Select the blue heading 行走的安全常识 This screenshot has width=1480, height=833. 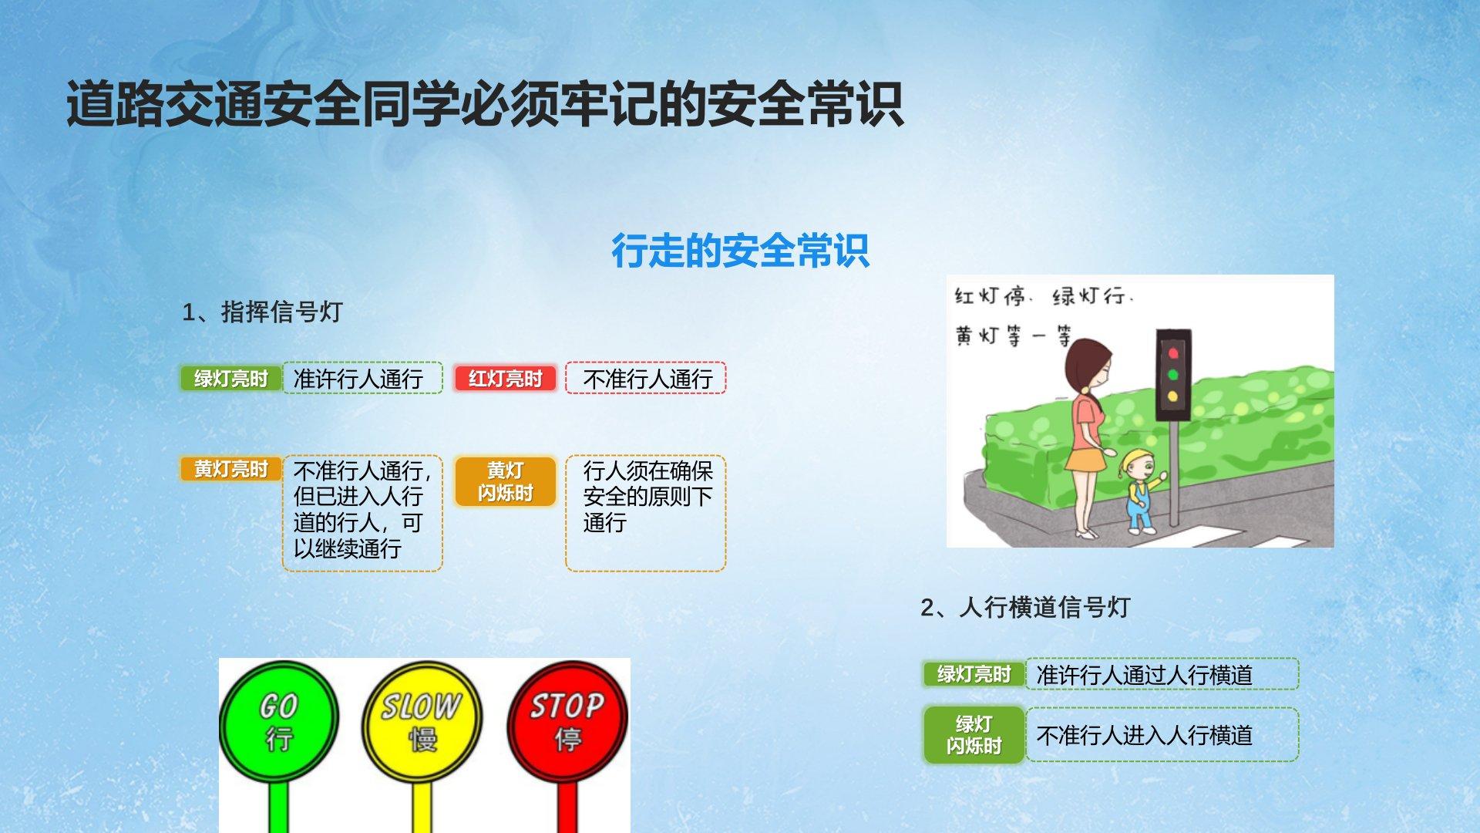tap(740, 251)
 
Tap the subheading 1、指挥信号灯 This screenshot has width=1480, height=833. tap(262, 312)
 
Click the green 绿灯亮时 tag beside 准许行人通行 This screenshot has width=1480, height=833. tap(230, 379)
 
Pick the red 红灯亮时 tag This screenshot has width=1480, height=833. tap(505, 379)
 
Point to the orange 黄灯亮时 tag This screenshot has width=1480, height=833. tap(230, 469)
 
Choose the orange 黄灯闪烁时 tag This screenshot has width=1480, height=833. tap(505, 481)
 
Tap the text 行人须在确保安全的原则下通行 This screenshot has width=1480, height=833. tap(648, 497)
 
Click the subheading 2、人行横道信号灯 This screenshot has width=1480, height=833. tap(1025, 607)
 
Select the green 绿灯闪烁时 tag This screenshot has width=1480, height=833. tap(974, 735)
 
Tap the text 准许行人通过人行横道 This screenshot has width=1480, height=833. tap(1145, 675)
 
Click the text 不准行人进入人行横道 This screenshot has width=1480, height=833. tap(1145, 735)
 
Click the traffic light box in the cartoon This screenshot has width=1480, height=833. tap(1173, 375)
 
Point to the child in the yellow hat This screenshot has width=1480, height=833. tap(1141, 491)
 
